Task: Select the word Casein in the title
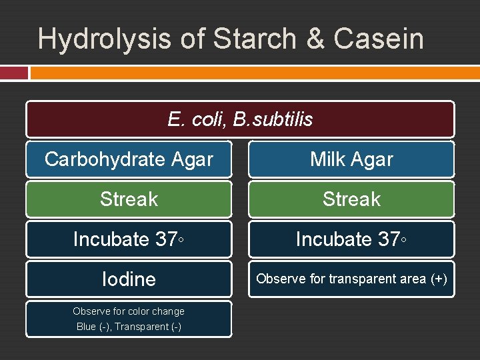coord(379,39)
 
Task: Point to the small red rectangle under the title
coord(14,72)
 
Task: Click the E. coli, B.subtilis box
coord(240,119)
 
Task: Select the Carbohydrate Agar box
coord(129,159)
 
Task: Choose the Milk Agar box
coord(351,159)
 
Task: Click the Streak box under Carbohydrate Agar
coord(129,199)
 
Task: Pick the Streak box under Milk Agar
coord(351,199)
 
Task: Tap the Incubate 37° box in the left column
coord(129,239)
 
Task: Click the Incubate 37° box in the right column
coord(351,239)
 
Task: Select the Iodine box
coord(129,279)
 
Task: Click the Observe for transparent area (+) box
coord(351,279)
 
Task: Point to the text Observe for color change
coord(129,311)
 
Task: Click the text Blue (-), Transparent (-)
coord(129,327)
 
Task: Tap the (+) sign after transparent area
coord(438,279)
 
